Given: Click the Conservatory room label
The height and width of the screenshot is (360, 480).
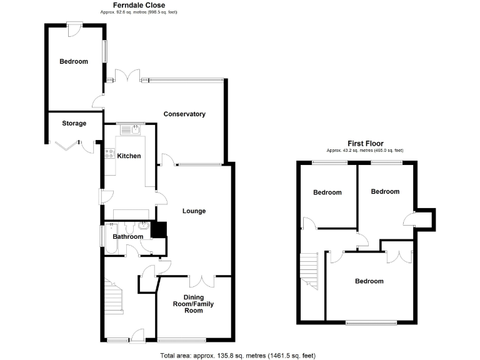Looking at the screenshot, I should point(184,114).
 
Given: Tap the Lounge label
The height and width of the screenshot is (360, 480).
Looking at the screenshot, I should point(194,211).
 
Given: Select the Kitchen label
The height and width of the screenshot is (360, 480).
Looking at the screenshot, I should point(129,156).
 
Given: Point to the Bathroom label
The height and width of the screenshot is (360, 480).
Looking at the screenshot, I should point(127,237).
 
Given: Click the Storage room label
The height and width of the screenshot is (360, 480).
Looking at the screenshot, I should point(74,124).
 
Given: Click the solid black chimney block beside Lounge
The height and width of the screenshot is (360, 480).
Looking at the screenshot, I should point(159,229).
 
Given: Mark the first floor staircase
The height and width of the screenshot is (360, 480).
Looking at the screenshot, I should point(310,269).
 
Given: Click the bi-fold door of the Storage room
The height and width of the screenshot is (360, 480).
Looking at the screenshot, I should point(64,145).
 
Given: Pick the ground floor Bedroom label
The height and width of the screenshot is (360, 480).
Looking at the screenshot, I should point(74,62).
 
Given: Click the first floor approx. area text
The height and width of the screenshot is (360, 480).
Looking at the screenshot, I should point(365,151).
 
